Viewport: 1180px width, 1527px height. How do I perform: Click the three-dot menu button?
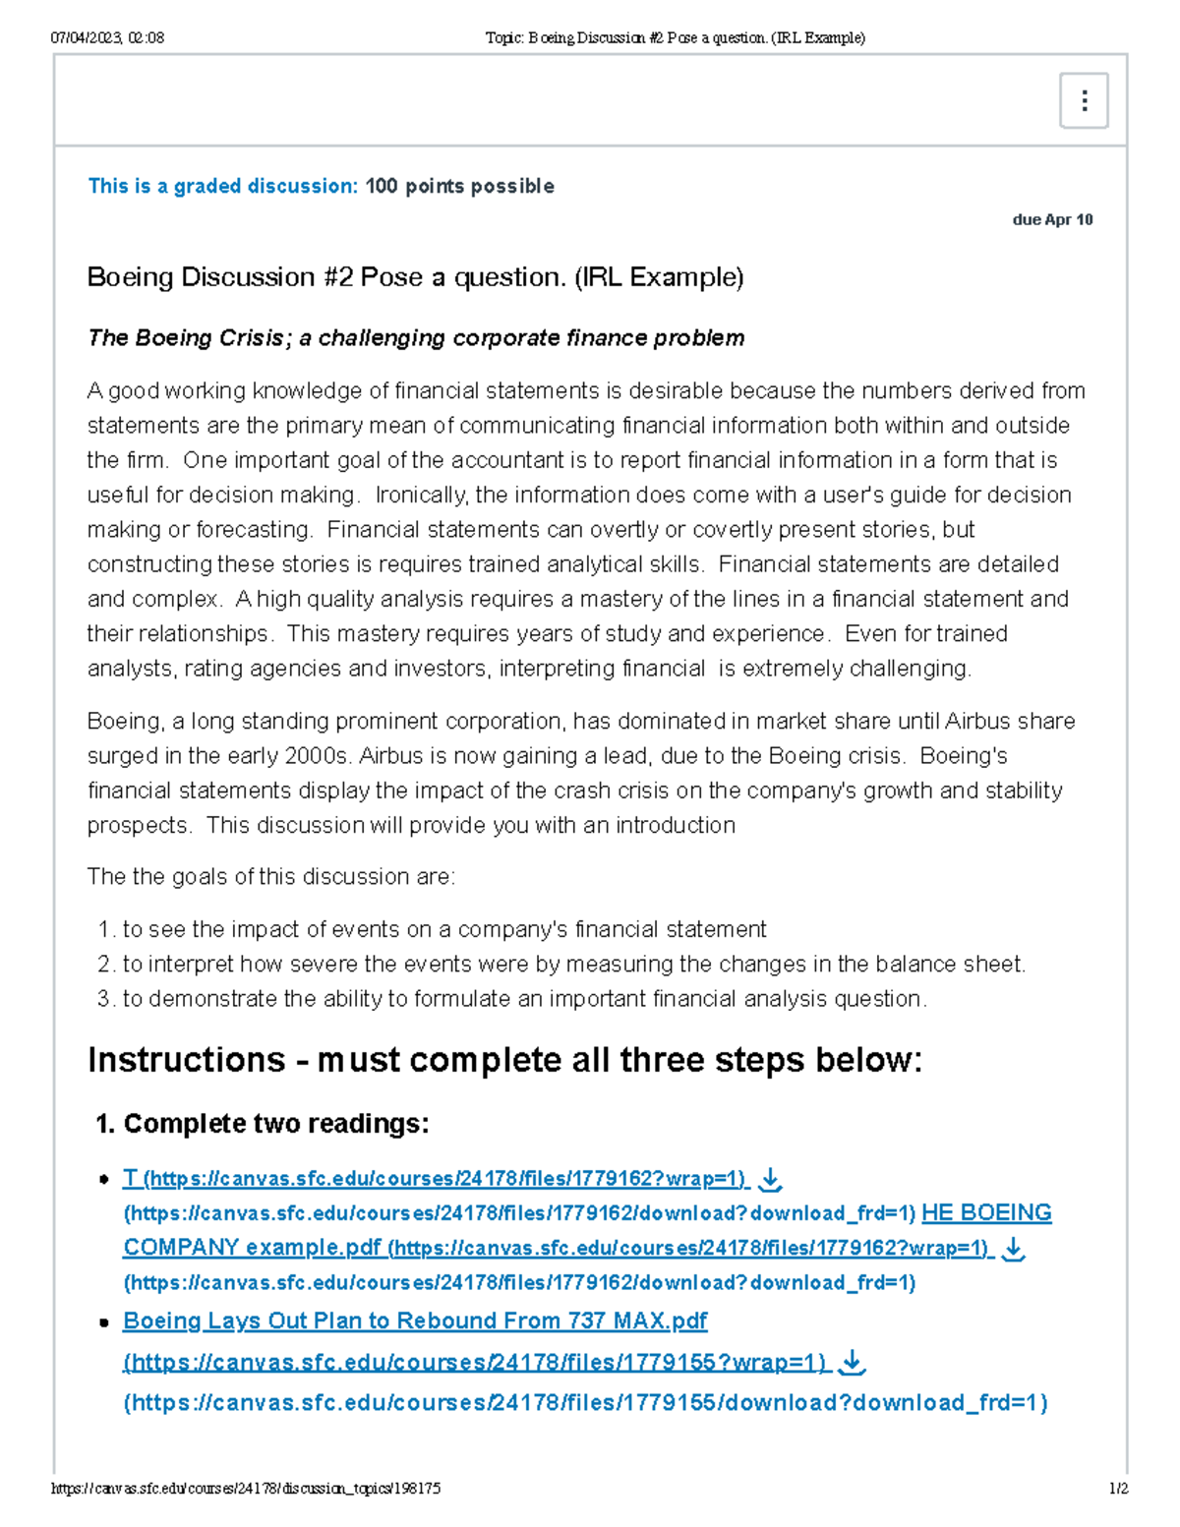pos(1084,100)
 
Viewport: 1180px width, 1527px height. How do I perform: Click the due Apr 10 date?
pos(1052,219)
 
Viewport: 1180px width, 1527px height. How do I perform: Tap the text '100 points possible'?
pos(459,186)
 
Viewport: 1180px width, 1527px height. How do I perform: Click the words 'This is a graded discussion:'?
pos(222,186)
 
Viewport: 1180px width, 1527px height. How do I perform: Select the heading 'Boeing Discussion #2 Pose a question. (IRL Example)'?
pos(415,277)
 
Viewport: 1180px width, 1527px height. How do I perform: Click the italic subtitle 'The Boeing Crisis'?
pos(185,338)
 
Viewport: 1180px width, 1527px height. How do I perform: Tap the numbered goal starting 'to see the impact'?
pos(443,929)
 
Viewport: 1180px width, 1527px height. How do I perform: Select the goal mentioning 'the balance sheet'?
pos(573,964)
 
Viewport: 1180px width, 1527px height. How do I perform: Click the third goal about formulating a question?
pos(524,999)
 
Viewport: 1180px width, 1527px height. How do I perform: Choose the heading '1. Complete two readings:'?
pos(263,1124)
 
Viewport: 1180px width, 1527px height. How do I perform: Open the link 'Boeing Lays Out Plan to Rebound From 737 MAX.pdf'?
pos(415,1321)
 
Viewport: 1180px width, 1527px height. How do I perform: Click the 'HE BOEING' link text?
pos(986,1212)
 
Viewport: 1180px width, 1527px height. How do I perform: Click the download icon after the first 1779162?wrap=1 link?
pos(771,1178)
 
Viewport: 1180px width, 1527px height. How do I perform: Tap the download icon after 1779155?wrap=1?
pos(853,1362)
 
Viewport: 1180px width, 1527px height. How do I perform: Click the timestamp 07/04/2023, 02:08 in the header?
pos(107,38)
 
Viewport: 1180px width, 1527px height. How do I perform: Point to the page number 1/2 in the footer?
pos(1118,1489)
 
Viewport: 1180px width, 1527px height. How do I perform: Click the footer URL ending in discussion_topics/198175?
pos(246,1489)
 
